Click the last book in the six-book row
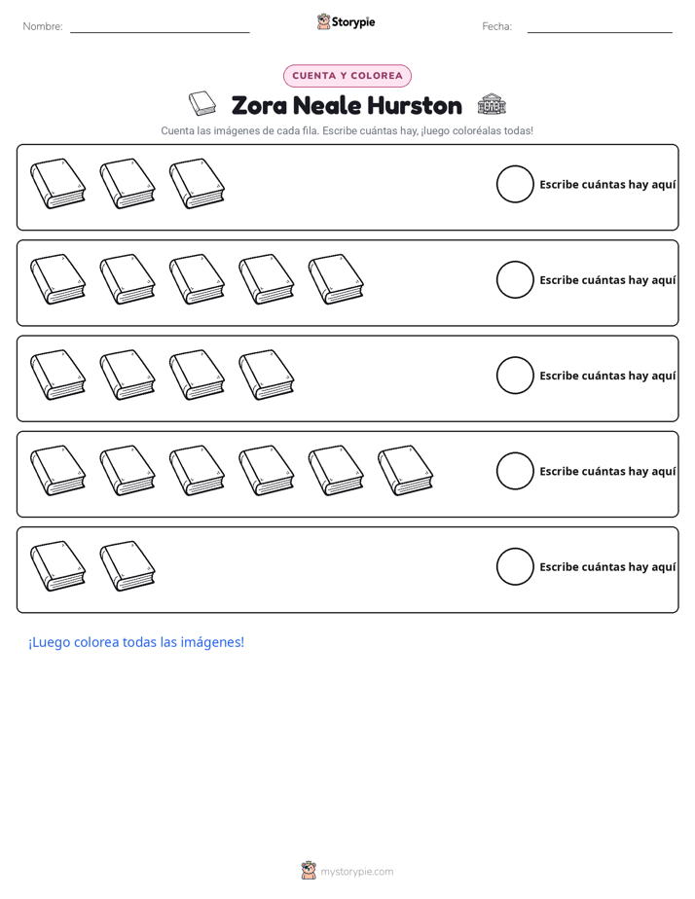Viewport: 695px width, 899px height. [405, 471]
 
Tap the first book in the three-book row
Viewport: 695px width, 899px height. [58, 184]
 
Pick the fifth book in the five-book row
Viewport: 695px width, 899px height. [336, 280]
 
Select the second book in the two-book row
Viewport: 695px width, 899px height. [128, 566]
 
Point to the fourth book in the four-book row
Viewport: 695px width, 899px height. [267, 376]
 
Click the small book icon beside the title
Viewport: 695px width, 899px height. [202, 103]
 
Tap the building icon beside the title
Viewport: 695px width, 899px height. [492, 104]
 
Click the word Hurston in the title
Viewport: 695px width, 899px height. [415, 105]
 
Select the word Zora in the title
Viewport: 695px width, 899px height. [259, 105]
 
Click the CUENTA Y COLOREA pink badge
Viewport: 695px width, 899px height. [347, 76]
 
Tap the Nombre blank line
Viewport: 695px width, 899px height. [160, 32]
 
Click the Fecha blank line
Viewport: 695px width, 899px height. [600, 32]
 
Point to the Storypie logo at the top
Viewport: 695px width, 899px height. [347, 21]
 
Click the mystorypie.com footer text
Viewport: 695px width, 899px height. [356, 872]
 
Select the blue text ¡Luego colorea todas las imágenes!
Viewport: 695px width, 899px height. [136, 642]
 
